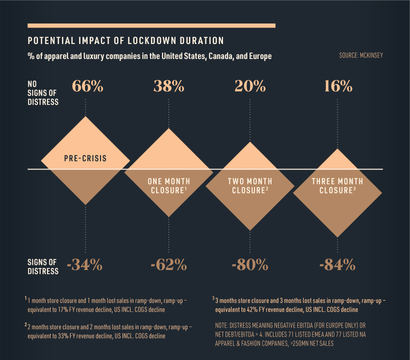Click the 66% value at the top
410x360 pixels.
[x=87, y=86]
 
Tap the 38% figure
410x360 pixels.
[x=168, y=86]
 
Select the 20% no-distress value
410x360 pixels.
[x=250, y=86]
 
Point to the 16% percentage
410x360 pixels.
[x=337, y=86]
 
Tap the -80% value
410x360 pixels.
[x=249, y=264]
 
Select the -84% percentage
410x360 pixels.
[x=337, y=264]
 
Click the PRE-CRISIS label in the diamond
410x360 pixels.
[x=85, y=159]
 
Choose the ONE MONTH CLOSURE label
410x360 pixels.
[x=168, y=185]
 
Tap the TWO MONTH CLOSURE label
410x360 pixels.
[x=250, y=185]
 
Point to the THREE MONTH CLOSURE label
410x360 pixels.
[x=337, y=185]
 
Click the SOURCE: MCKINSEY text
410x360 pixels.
[x=360, y=55]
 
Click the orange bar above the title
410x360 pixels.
[x=151, y=25]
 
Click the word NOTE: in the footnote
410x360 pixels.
[x=224, y=324]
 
